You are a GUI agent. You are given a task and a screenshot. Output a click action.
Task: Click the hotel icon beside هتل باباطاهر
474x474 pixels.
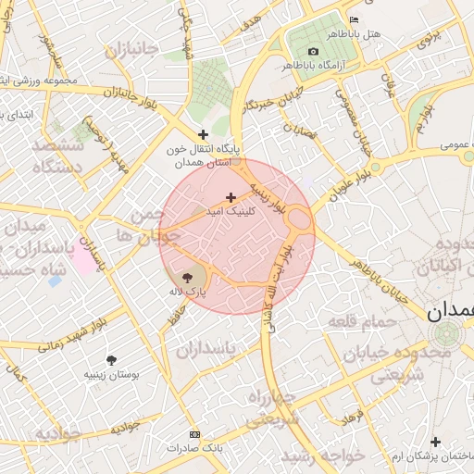(354, 19)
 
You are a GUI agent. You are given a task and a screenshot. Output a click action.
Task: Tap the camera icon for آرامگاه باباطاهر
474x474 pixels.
(313, 51)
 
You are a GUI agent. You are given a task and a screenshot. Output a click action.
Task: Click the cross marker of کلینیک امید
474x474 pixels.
(231, 197)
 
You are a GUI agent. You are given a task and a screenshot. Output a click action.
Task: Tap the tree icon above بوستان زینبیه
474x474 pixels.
(112, 359)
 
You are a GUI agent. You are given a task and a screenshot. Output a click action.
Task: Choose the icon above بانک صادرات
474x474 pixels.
(194, 434)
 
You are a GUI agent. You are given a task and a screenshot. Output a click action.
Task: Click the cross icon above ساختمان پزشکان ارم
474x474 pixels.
(435, 443)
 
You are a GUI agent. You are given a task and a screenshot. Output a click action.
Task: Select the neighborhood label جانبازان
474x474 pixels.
(131, 49)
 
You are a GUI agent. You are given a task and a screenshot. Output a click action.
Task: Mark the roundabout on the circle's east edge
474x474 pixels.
(299, 219)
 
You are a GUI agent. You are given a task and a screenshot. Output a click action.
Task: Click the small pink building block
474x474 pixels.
(83, 262)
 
